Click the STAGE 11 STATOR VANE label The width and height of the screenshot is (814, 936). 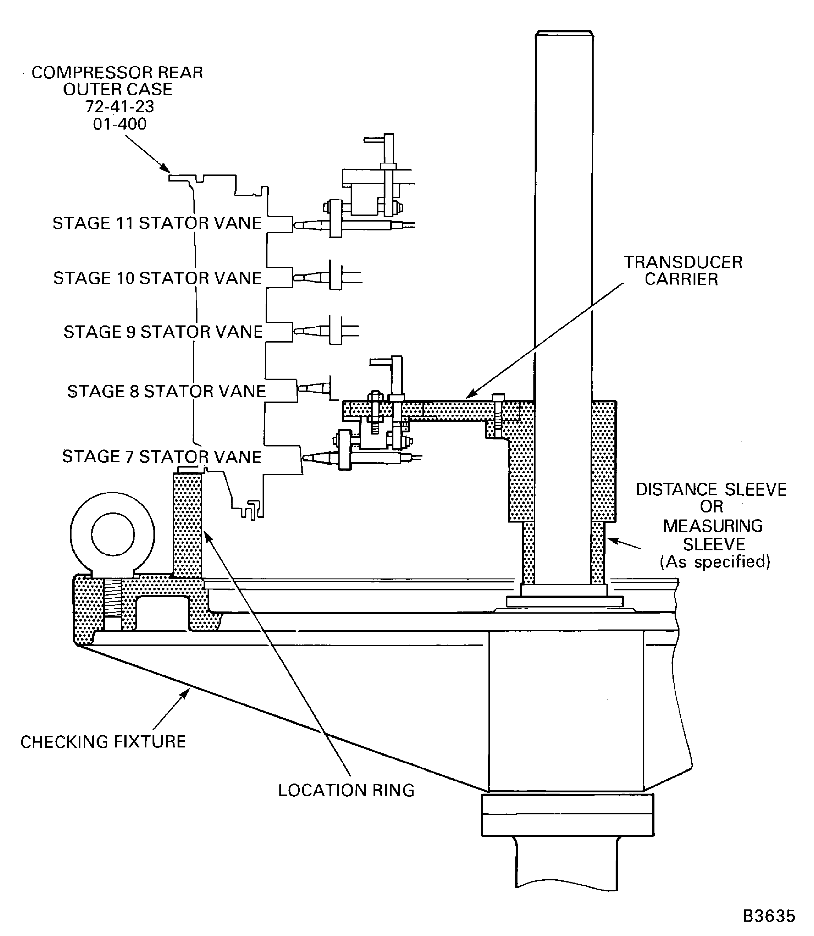point(157,223)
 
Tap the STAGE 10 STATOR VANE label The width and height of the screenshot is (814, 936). point(157,278)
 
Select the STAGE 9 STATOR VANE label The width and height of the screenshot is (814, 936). point(163,332)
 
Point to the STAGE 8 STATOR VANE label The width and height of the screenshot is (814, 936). point(166,391)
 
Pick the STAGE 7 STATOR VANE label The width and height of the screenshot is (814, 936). point(162,457)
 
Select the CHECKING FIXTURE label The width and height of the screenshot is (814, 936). point(103,742)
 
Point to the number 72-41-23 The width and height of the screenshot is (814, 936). point(120,106)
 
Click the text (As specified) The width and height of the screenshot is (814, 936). point(715,562)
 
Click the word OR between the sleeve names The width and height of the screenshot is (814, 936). point(711,506)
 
